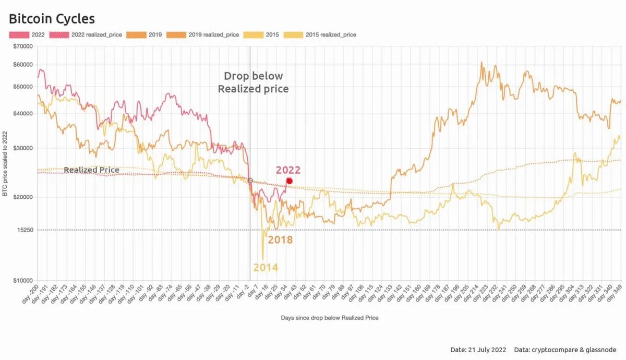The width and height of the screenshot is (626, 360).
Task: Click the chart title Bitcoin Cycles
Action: tap(52, 19)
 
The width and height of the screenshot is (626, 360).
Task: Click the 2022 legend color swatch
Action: tap(18, 35)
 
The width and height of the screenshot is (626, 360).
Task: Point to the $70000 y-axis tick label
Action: tap(22, 46)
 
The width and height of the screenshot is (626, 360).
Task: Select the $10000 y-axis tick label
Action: tap(22, 281)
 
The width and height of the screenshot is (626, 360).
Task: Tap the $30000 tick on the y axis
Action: tap(22, 148)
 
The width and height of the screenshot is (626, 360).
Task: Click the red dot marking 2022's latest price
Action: tap(290, 181)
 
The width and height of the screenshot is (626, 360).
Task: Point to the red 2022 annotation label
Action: tap(288, 170)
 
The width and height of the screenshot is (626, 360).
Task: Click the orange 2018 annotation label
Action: tap(280, 240)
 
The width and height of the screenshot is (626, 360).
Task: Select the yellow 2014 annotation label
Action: tap(266, 268)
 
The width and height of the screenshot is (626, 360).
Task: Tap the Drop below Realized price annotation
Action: tap(253, 82)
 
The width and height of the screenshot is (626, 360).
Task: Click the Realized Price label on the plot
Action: tap(91, 170)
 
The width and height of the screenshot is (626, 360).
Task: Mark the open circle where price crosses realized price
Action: tap(250, 181)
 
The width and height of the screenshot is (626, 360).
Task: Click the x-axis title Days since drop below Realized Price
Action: tap(330, 318)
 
